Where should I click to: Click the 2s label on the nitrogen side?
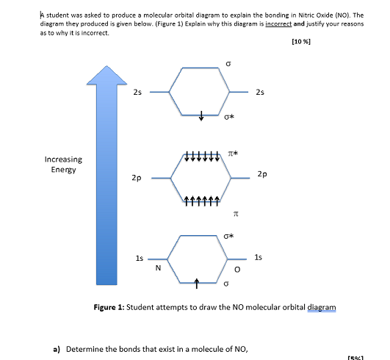[x=137, y=93]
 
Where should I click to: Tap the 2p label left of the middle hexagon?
[x=137, y=178]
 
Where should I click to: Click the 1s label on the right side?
[x=257, y=257]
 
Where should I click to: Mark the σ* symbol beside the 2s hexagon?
[x=231, y=116]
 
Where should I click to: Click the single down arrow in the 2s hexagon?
[x=202, y=115]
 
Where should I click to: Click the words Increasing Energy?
[x=63, y=165]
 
